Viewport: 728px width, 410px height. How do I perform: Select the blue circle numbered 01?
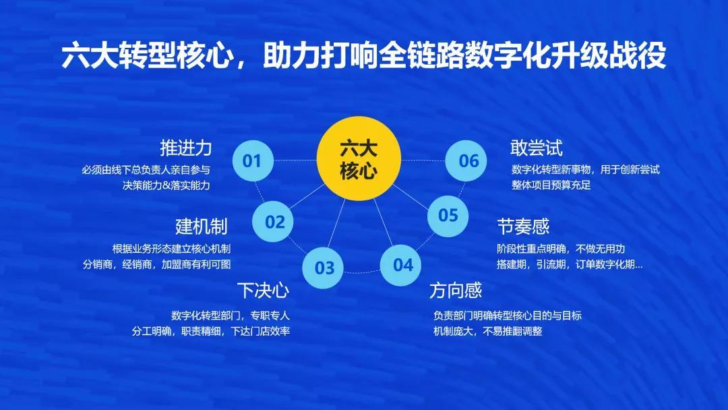(252, 160)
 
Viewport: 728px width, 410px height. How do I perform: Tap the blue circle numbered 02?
(274, 222)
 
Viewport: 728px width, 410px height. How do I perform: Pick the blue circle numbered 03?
(324, 268)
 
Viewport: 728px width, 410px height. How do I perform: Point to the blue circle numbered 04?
(402, 264)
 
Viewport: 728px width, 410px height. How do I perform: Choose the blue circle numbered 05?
(448, 215)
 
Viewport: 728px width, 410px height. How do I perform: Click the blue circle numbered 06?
(468, 160)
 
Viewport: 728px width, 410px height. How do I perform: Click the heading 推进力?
(185, 148)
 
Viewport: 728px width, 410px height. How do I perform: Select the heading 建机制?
(201, 225)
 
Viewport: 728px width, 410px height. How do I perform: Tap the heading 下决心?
(263, 291)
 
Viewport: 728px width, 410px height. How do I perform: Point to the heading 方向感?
(456, 291)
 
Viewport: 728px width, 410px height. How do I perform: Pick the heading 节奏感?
(523, 225)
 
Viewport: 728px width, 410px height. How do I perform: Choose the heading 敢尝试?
(537, 148)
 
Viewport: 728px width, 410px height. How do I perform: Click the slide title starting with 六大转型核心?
(364, 57)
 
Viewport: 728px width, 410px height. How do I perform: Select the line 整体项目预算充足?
(551, 185)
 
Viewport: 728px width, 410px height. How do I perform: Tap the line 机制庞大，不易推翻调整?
(488, 332)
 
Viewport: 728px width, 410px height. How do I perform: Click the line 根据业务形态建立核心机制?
(171, 247)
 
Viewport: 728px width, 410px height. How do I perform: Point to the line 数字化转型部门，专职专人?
(230, 315)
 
